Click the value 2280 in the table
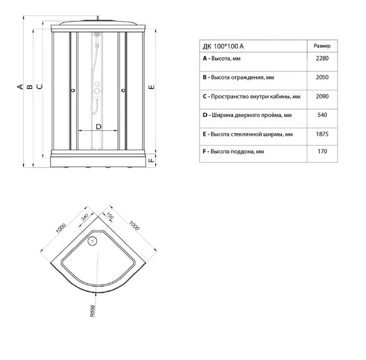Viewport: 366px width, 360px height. pyautogui.click(x=322, y=59)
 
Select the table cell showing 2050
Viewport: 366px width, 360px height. pyautogui.click(x=322, y=77)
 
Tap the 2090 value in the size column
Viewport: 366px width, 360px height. pyautogui.click(x=322, y=96)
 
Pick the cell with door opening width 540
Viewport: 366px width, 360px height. pyautogui.click(x=322, y=115)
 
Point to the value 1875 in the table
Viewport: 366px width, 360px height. pyautogui.click(x=322, y=134)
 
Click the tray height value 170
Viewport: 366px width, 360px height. pyautogui.click(x=322, y=151)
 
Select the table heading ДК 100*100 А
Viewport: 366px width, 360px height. pyautogui.click(x=223, y=46)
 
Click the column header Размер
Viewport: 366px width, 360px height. pyautogui.click(x=322, y=46)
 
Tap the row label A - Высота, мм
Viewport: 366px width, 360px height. pyautogui.click(x=222, y=59)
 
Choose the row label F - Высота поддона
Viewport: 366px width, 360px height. pyautogui.click(x=233, y=152)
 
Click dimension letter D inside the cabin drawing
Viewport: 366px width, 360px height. pyautogui.click(x=98, y=127)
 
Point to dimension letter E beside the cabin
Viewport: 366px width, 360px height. pyautogui.click(x=151, y=87)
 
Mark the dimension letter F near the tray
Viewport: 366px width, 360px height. pyautogui.click(x=151, y=160)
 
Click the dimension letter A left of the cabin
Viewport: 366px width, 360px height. pyautogui.click(x=20, y=87)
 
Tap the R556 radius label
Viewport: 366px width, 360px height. pyautogui.click(x=93, y=311)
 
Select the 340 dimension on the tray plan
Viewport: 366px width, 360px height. pyautogui.click(x=84, y=217)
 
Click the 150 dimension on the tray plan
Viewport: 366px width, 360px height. pyautogui.click(x=109, y=216)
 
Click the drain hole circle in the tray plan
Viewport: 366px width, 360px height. pyautogui.click(x=92, y=241)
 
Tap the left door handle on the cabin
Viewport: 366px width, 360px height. pyautogui.click(x=73, y=90)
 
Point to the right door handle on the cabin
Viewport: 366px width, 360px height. pyautogui.click(x=123, y=90)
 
